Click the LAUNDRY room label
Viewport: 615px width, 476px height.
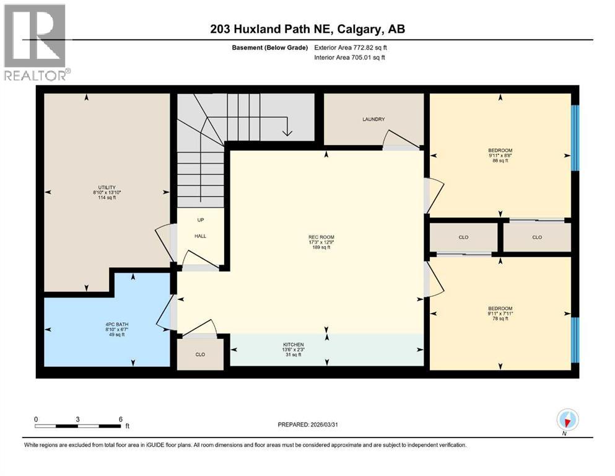pyautogui.click(x=374, y=120)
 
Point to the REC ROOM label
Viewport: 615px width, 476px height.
pyautogui.click(x=321, y=237)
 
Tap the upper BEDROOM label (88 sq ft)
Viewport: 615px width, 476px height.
pyautogui.click(x=500, y=150)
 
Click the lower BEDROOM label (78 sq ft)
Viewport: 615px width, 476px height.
pyautogui.click(x=500, y=309)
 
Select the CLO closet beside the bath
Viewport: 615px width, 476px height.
pyautogui.click(x=200, y=355)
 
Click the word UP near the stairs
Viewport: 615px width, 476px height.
pyautogui.click(x=201, y=220)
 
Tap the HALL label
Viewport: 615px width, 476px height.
pyautogui.click(x=201, y=236)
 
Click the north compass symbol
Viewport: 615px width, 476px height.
pyautogui.click(x=567, y=420)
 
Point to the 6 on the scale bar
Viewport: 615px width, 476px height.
pyautogui.click(x=120, y=419)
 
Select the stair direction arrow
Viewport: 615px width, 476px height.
pyautogui.click(x=286, y=129)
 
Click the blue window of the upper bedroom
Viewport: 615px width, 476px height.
pyautogui.click(x=574, y=138)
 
